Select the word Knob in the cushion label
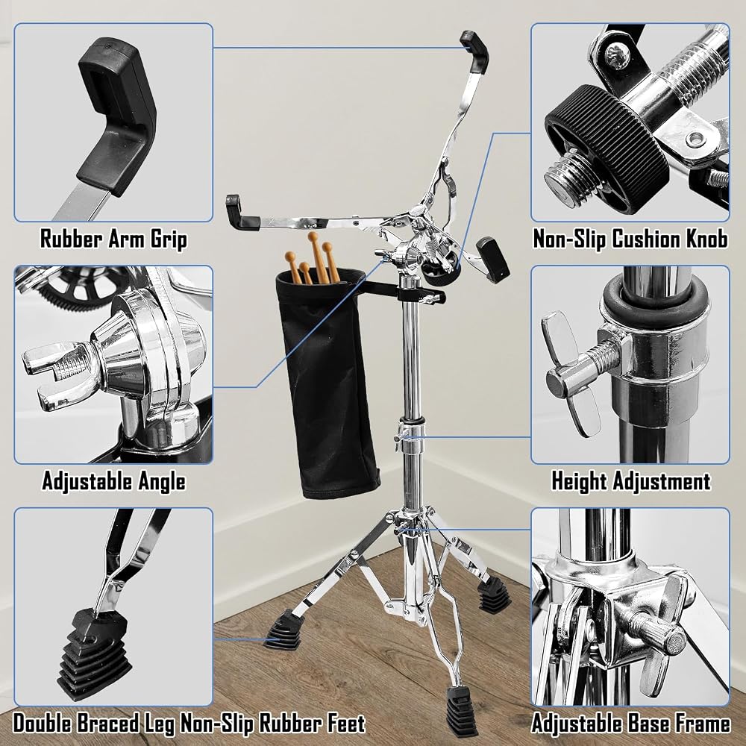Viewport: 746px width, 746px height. (706, 239)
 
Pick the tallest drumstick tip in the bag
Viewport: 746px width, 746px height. (313, 236)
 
